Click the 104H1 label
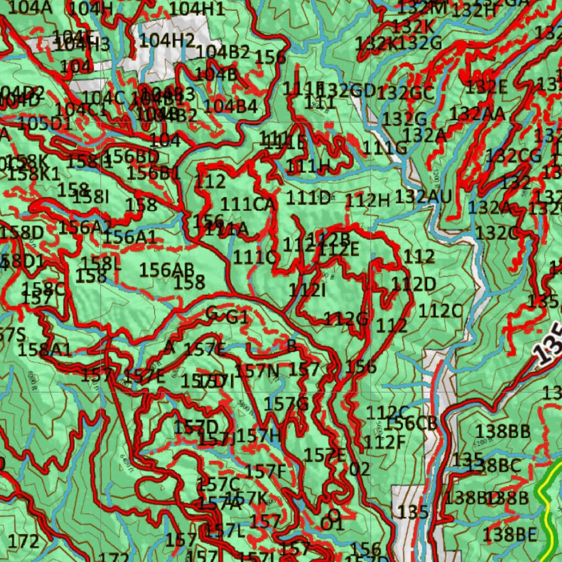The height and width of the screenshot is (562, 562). point(196,9)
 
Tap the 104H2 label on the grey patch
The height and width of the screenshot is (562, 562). point(167,40)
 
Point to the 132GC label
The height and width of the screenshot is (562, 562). point(407,93)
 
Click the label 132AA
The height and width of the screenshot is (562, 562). point(477,114)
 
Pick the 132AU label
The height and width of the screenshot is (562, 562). point(423,196)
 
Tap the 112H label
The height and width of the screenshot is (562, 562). point(367,201)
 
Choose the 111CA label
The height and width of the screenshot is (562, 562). point(247,204)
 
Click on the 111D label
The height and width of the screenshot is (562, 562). point(308,198)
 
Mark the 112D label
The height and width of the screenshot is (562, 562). point(413,284)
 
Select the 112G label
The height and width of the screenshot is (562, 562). point(345,319)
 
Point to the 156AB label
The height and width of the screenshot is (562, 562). point(167,269)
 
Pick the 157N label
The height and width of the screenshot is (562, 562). point(257,371)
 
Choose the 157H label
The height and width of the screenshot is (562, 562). point(258,436)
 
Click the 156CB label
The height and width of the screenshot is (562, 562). point(411,423)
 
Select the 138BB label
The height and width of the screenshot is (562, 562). point(503,431)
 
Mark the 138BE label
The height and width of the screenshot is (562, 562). point(510,534)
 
